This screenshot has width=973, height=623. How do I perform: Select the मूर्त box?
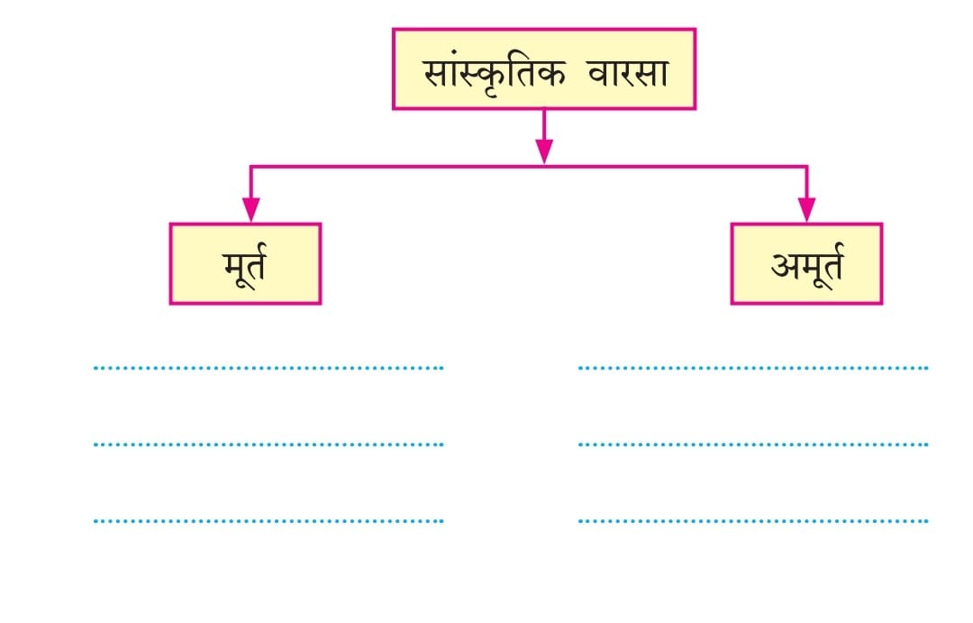tap(245, 263)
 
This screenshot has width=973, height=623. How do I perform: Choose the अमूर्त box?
tap(806, 263)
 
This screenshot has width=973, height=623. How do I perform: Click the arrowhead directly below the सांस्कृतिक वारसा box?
tap(543, 152)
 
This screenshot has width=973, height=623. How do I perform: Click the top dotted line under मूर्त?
tap(268, 368)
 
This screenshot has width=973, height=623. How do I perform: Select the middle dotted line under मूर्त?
tap(268, 444)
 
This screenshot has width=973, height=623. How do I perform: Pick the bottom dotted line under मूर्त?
tap(268, 521)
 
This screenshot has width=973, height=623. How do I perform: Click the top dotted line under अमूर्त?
tap(752, 368)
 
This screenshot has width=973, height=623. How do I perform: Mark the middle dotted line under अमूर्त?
tap(752, 444)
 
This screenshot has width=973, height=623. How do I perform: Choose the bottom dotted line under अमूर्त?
tap(752, 521)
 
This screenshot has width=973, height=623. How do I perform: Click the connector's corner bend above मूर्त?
tap(250, 166)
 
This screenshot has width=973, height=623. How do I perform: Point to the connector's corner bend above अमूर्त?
tap(806, 166)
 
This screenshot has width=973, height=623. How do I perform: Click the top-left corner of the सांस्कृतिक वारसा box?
tap(394, 30)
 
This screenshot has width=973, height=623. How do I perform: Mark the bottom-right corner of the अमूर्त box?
tap(880, 302)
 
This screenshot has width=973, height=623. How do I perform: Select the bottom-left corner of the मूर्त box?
tap(171, 302)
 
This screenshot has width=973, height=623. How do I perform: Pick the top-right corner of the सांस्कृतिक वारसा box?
tap(694, 30)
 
